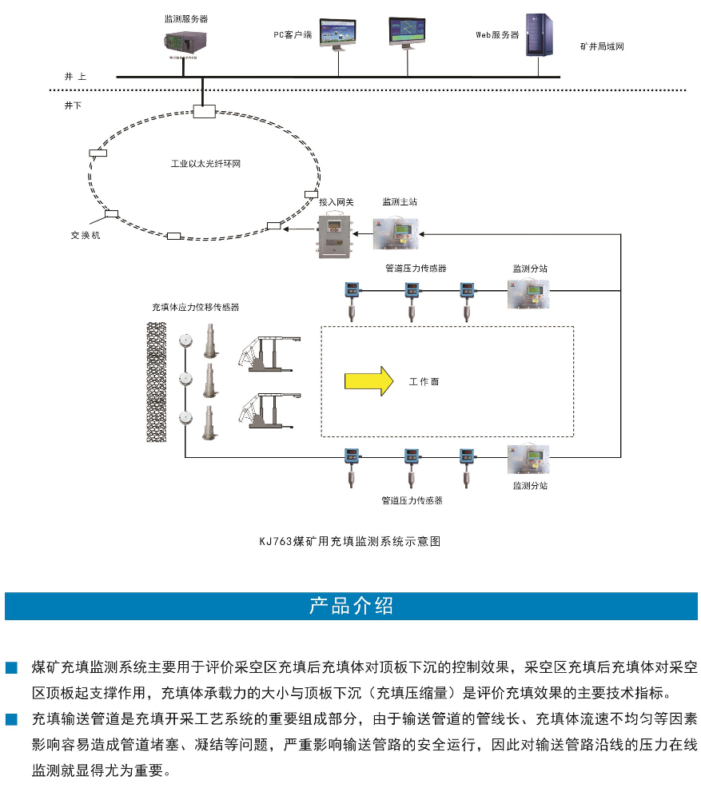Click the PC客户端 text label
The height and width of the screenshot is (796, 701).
click(x=292, y=35)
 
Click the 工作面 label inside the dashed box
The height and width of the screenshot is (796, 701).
click(x=424, y=381)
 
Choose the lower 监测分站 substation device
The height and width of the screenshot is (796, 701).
click(x=528, y=459)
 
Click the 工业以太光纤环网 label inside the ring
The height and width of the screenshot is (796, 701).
click(x=206, y=163)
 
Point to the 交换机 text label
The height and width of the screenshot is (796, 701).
click(x=86, y=236)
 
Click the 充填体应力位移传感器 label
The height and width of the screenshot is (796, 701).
click(x=196, y=307)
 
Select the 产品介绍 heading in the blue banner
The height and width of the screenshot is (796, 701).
click(x=351, y=606)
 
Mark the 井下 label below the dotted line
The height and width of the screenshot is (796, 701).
click(x=73, y=105)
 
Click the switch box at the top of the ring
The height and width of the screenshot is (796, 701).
click(x=205, y=110)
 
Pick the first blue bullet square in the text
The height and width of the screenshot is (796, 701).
click(x=11, y=667)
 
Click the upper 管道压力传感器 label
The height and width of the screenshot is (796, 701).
click(x=415, y=269)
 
